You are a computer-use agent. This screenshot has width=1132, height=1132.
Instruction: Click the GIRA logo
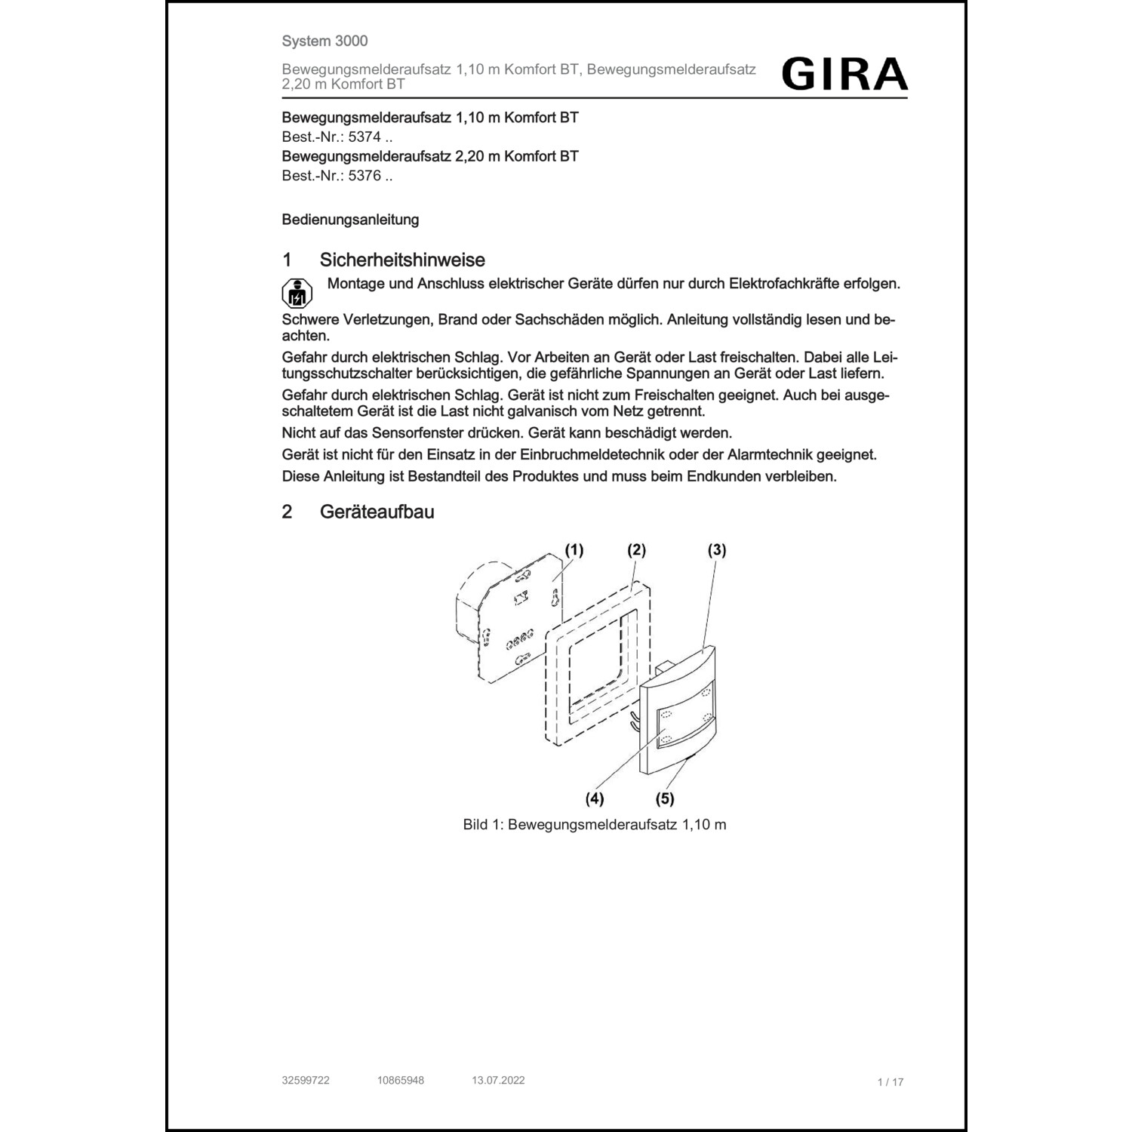pyautogui.click(x=844, y=75)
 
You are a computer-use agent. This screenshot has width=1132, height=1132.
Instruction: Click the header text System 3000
pyautogui.click(x=325, y=41)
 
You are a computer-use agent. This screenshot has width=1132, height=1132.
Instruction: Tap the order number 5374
pyautogui.click(x=365, y=137)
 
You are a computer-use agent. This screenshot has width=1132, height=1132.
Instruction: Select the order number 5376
pyautogui.click(x=365, y=176)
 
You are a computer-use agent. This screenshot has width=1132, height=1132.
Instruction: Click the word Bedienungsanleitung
pyautogui.click(x=350, y=220)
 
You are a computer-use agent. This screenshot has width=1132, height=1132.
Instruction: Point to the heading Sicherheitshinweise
pyautogui.click(x=402, y=260)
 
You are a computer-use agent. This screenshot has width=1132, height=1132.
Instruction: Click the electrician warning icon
pyautogui.click(x=297, y=293)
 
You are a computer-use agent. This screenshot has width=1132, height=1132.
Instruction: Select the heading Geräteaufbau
pyautogui.click(x=377, y=512)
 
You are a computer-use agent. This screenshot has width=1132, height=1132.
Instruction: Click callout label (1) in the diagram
pyautogui.click(x=574, y=550)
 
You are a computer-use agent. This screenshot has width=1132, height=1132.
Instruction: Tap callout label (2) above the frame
pyautogui.click(x=637, y=550)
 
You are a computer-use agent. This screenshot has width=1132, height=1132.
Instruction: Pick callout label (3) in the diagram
pyautogui.click(x=717, y=550)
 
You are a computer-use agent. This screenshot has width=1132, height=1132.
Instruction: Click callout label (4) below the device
pyautogui.click(x=595, y=798)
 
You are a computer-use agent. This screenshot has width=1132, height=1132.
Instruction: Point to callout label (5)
pyautogui.click(x=665, y=798)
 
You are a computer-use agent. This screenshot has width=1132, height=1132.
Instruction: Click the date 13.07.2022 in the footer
pyautogui.click(x=498, y=1080)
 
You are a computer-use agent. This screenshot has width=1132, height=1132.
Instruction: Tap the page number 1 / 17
pyautogui.click(x=891, y=1082)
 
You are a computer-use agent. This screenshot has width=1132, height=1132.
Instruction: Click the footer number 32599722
pyautogui.click(x=306, y=1080)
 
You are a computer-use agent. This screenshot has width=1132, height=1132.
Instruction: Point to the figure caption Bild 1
pyautogui.click(x=595, y=824)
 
